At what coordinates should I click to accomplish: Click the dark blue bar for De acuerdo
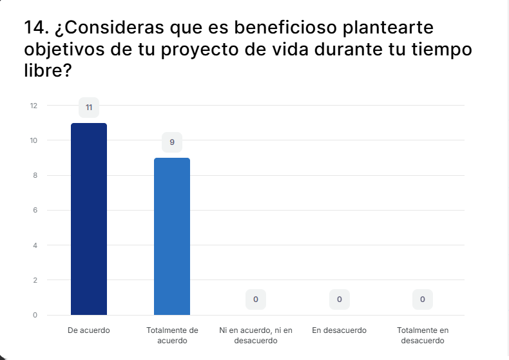[x=89, y=219]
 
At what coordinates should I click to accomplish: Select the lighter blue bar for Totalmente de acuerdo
[x=172, y=236]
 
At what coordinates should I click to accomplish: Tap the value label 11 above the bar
[x=89, y=108]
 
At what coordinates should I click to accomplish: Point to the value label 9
[x=172, y=142]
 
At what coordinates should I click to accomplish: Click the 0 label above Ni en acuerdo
[x=256, y=299]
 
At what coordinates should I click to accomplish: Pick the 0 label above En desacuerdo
[x=340, y=299]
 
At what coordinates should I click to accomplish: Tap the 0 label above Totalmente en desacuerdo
[x=423, y=299]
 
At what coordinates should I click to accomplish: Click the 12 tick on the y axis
[x=34, y=106]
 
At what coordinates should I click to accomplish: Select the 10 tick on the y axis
[x=34, y=140]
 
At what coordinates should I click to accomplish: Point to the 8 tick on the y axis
[x=35, y=175]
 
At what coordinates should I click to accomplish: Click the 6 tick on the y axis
[x=35, y=210]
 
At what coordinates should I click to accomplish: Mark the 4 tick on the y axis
[x=35, y=245]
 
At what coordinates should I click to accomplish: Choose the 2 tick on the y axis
[x=35, y=280]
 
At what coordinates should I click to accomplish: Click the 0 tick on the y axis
[x=35, y=315]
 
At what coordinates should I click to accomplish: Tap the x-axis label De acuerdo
[x=89, y=330]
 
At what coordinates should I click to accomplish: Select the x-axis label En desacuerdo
[x=339, y=330]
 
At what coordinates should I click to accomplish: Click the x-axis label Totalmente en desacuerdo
[x=423, y=336]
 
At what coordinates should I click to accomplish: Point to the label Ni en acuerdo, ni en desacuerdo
[x=256, y=336]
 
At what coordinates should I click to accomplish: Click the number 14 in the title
[x=34, y=27]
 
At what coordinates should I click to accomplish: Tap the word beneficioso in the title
[x=285, y=27]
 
